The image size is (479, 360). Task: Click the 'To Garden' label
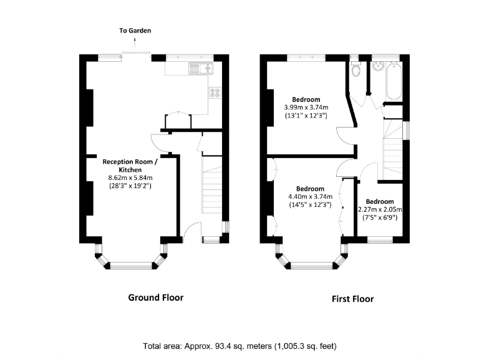click(x=135, y=30)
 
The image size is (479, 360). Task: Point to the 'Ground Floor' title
click(x=155, y=297)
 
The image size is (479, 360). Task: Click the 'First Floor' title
click(x=352, y=299)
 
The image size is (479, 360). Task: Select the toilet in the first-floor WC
click(x=356, y=70)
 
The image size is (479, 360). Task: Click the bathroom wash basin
click(x=378, y=67)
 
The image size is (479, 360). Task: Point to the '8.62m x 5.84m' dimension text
click(x=130, y=177)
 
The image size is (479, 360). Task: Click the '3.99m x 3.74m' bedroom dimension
click(x=307, y=107)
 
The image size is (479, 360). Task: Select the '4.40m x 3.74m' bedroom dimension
click(x=309, y=197)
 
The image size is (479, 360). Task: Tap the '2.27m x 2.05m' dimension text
click(x=380, y=209)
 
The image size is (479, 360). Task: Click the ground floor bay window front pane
click(x=131, y=266)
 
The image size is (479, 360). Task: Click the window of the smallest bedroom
click(x=379, y=239)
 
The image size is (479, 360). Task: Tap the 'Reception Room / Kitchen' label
click(x=129, y=165)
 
